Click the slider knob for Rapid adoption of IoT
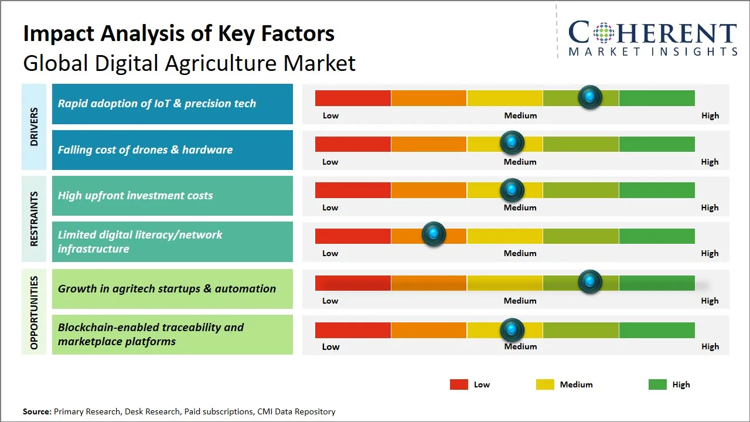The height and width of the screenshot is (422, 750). tap(590, 97)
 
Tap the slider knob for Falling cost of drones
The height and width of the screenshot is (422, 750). tap(512, 143)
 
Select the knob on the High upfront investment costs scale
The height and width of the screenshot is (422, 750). tap(512, 189)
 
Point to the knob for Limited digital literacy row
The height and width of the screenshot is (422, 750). tap(434, 234)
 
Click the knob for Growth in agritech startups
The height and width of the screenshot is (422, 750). tap(590, 282)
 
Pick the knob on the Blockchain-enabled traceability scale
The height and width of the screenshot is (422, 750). tap(512, 330)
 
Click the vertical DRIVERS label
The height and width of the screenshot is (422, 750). tap(34, 127)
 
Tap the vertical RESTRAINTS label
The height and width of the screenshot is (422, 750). tap(34, 218)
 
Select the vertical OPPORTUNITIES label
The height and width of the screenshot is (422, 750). tap(34, 312)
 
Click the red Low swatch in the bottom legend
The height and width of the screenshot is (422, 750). tap(459, 384)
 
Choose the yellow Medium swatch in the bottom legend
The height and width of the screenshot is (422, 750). tap(545, 384)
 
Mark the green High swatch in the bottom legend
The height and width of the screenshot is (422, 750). tap(657, 384)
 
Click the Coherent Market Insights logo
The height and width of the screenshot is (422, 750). tap(652, 39)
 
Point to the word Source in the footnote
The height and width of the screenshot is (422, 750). tap(37, 411)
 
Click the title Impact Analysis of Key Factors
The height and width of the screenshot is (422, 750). tap(179, 34)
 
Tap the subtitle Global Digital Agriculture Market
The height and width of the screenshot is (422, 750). tap(189, 63)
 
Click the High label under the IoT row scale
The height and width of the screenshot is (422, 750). tap(710, 115)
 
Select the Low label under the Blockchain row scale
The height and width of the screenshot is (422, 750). tap(330, 346)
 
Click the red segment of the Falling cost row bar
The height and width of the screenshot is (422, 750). tap(353, 144)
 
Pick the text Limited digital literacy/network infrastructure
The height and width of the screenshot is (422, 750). tap(140, 241)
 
